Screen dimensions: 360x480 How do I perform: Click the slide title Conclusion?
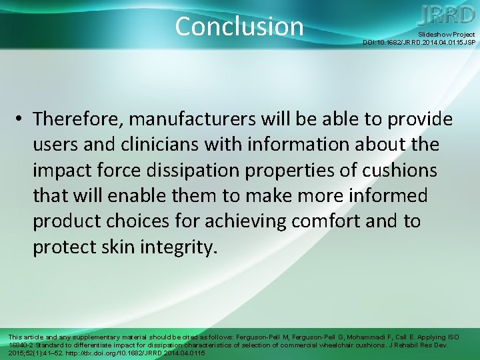click(x=239, y=26)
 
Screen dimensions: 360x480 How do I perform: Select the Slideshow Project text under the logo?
click(x=446, y=34)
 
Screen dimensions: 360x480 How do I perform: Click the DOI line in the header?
click(x=419, y=43)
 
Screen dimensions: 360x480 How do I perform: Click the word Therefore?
click(x=77, y=119)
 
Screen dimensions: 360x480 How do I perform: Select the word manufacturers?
click(x=196, y=119)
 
